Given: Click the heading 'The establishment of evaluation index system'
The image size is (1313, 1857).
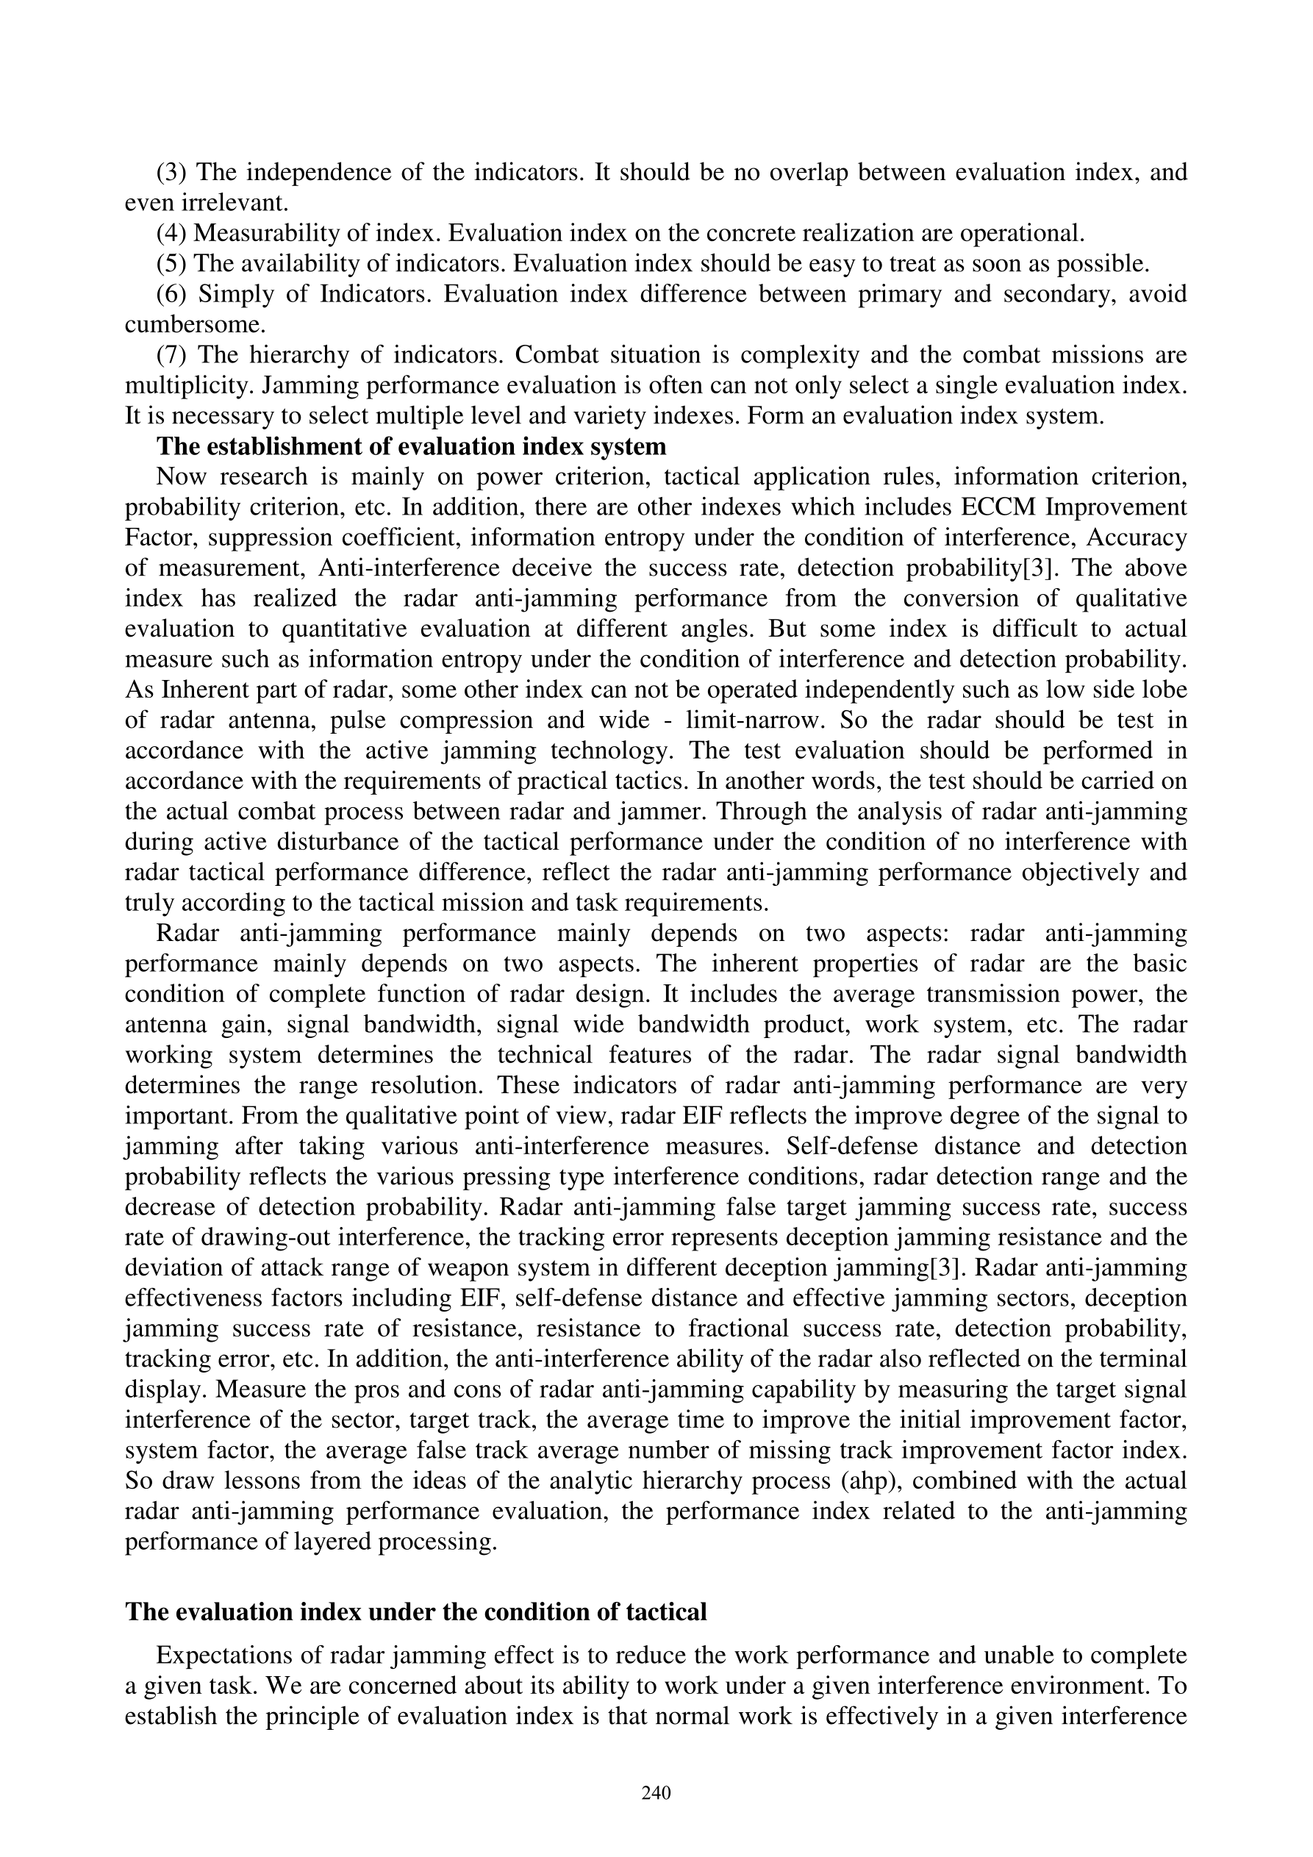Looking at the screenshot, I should click(411, 446).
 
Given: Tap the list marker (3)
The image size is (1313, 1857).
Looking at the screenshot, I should click(171, 172).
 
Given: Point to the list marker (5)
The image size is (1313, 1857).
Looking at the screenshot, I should click(171, 264).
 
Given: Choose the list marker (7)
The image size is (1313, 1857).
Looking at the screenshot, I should click(171, 355).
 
